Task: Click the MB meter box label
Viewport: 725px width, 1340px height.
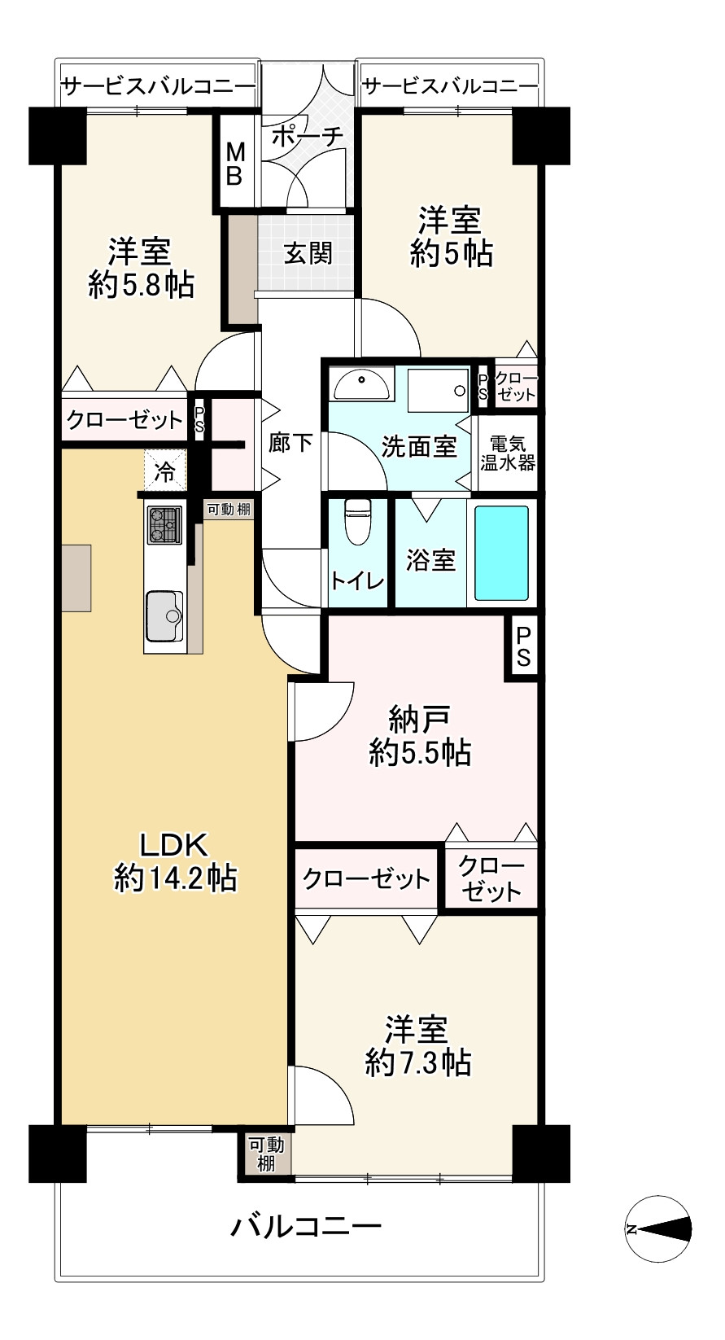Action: pyautogui.click(x=235, y=164)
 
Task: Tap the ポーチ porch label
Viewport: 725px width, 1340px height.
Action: pyautogui.click(x=308, y=137)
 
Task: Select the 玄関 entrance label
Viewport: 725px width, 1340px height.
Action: pyautogui.click(x=308, y=254)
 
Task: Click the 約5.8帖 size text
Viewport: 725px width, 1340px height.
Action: pyautogui.click(x=141, y=285)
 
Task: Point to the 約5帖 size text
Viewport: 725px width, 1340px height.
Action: pyautogui.click(x=452, y=253)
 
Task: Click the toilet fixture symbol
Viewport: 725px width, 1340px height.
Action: pyautogui.click(x=358, y=522)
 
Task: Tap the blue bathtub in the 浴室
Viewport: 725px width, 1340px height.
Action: pyautogui.click(x=501, y=553)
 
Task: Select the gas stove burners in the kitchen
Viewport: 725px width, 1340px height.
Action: pyautogui.click(x=164, y=524)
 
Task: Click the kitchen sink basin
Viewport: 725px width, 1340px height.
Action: pyautogui.click(x=164, y=615)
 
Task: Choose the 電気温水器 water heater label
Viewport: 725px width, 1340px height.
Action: pyautogui.click(x=508, y=453)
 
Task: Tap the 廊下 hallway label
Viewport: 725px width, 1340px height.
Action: pyautogui.click(x=290, y=444)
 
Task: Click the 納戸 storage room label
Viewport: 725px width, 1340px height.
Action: pyautogui.click(x=420, y=719)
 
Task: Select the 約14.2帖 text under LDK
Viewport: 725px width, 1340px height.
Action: pyautogui.click(x=175, y=878)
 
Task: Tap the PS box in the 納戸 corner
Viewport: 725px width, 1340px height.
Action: pyautogui.click(x=523, y=647)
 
